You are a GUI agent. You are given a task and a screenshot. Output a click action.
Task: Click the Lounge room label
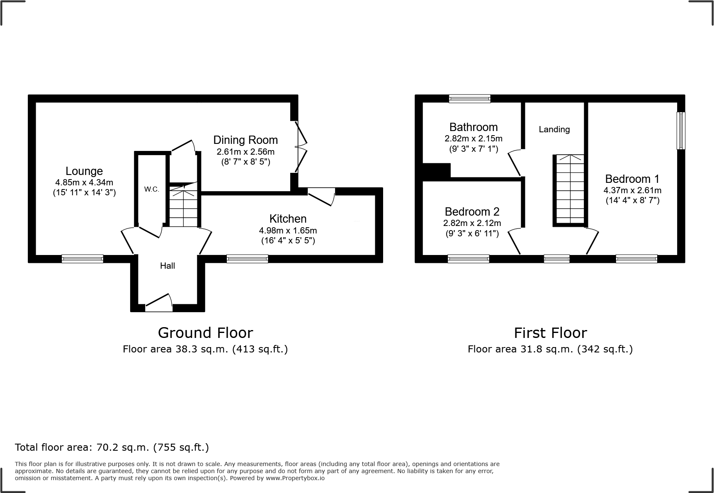click(x=84, y=171)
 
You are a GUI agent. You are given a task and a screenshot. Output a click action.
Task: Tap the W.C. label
click(x=151, y=189)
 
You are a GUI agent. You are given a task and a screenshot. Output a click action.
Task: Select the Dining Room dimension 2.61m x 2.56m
click(x=245, y=152)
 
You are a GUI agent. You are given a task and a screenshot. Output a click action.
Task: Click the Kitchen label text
click(x=288, y=219)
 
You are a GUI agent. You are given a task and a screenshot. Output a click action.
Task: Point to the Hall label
click(x=168, y=266)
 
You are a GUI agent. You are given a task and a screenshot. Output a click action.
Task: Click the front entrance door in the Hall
click(x=159, y=305)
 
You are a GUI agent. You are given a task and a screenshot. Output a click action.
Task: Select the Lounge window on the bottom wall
click(x=82, y=259)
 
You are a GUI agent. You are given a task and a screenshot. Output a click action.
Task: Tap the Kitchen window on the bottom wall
click(x=247, y=259)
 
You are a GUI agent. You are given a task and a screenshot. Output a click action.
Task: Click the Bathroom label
click(x=474, y=127)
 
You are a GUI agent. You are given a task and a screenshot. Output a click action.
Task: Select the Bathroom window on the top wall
click(x=469, y=99)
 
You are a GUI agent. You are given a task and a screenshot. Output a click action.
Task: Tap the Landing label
click(x=554, y=129)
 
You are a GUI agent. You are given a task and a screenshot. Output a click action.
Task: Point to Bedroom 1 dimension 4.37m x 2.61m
click(x=632, y=191)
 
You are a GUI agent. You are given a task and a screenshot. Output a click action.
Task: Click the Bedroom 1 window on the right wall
click(x=681, y=130)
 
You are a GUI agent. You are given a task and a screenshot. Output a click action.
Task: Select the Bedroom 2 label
click(x=472, y=211)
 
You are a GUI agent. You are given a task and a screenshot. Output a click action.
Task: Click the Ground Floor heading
click(x=205, y=333)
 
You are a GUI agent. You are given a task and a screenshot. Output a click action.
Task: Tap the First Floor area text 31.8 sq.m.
click(x=550, y=349)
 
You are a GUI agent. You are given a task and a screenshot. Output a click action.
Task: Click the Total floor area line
click(x=112, y=447)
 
